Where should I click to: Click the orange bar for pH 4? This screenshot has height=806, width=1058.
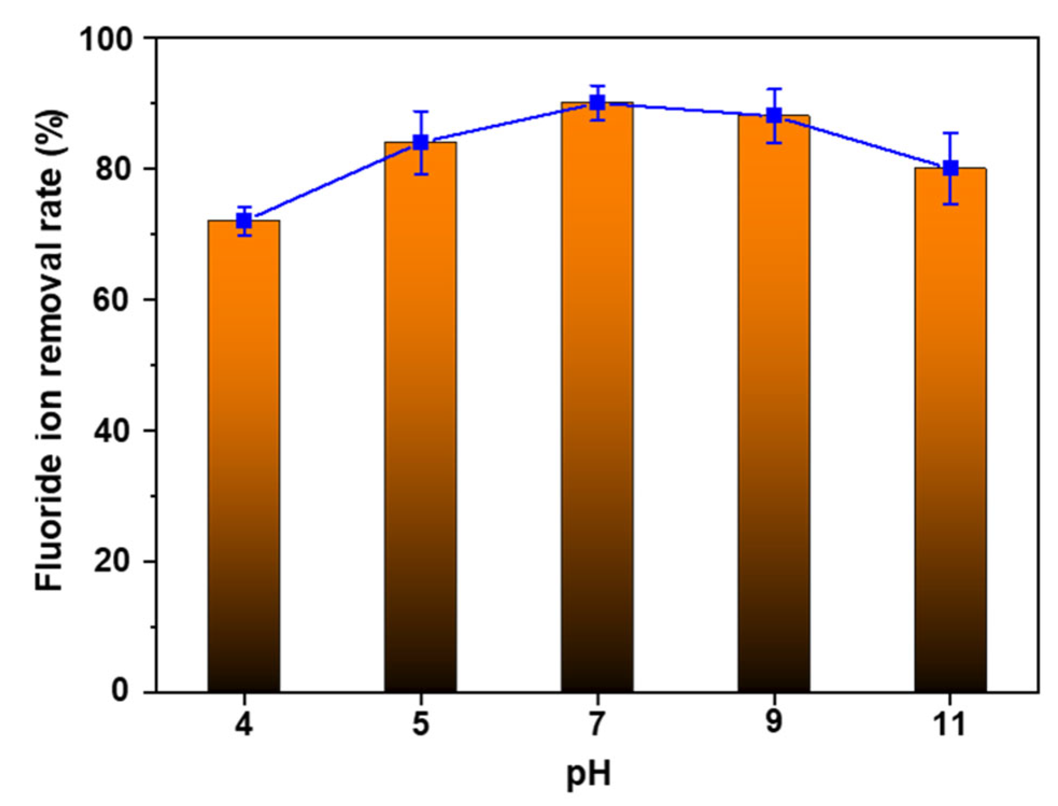pos(244,458)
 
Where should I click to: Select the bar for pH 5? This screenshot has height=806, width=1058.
pos(420,418)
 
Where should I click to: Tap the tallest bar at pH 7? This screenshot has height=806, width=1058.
pos(597,400)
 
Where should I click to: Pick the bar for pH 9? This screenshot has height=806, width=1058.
pos(774,406)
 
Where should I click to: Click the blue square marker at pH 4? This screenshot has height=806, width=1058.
pos(244,220)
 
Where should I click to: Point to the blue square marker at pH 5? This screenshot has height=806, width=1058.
pos(421,142)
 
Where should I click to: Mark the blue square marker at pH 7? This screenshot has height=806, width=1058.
pos(598,103)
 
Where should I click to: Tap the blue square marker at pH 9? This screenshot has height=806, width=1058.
pos(774,116)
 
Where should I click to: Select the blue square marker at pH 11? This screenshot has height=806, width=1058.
pos(950,168)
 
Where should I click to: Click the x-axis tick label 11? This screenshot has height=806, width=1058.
pos(949,725)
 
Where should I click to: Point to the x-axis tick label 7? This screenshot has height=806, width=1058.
pos(597,725)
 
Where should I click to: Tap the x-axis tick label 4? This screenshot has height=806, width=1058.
pos(244,725)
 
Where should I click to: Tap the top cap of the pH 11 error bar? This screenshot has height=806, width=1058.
pos(950,133)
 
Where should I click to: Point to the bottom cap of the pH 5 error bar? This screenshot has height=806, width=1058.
pos(421,174)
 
